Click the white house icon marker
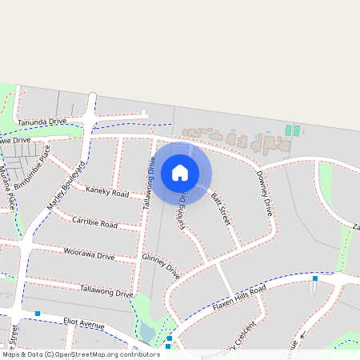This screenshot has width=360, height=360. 180,173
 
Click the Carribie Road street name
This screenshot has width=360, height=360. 94,222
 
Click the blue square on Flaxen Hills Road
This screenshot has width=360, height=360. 315,278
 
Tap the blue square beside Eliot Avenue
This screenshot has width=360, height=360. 38,313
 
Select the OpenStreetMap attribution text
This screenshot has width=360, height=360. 80,354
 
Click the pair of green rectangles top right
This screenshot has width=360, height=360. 292,130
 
